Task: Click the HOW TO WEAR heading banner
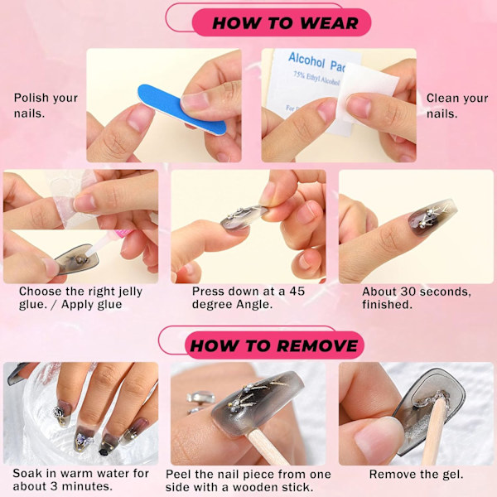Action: pos(282,23)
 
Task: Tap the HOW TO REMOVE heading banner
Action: pos(274,345)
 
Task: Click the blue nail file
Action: pos(181,109)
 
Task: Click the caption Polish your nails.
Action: pos(46,105)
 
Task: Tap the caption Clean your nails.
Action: pos(457,105)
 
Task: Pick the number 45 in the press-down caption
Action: pos(297,291)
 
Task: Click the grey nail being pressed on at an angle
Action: pos(244,216)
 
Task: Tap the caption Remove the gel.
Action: pos(416,474)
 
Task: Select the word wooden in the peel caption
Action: pos(253,487)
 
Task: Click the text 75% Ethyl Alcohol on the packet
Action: pos(316,79)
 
